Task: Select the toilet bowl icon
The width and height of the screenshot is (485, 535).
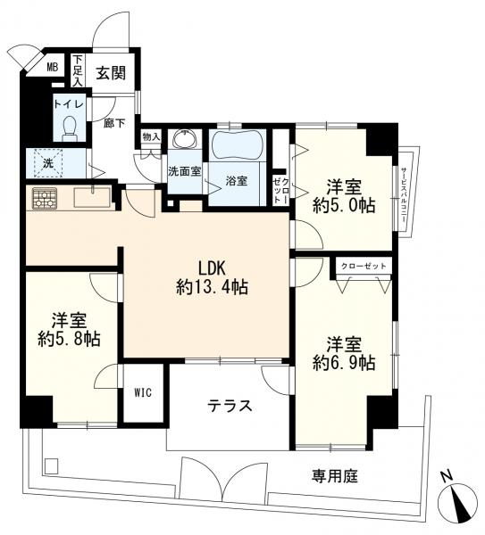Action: point(70,128)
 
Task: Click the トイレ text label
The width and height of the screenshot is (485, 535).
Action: point(69,104)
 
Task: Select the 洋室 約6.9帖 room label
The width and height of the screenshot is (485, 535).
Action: point(344,352)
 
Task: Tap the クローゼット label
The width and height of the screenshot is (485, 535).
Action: point(364,266)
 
